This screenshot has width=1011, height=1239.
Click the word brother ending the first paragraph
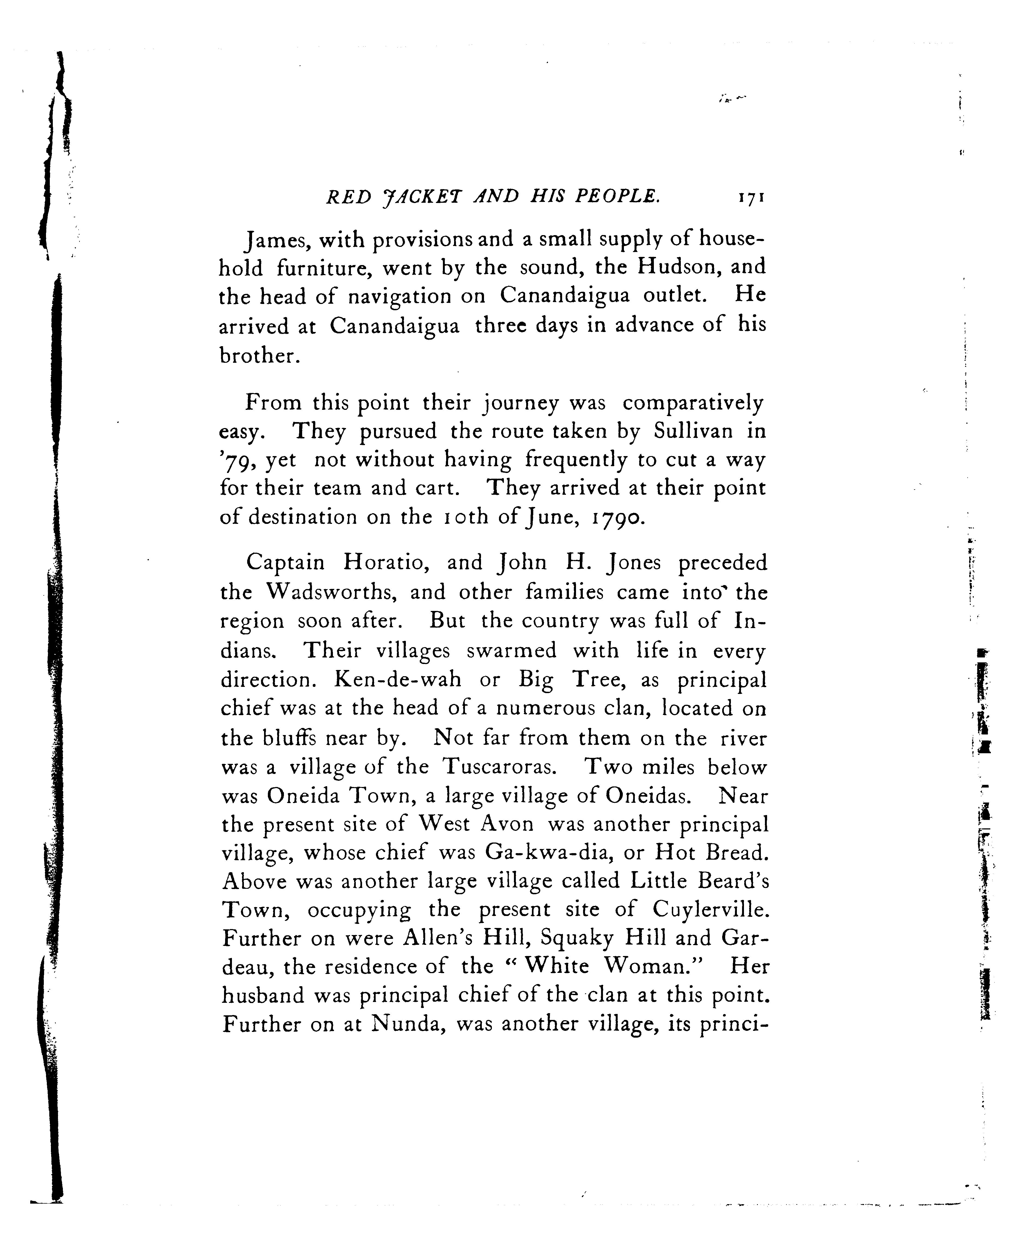259,355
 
